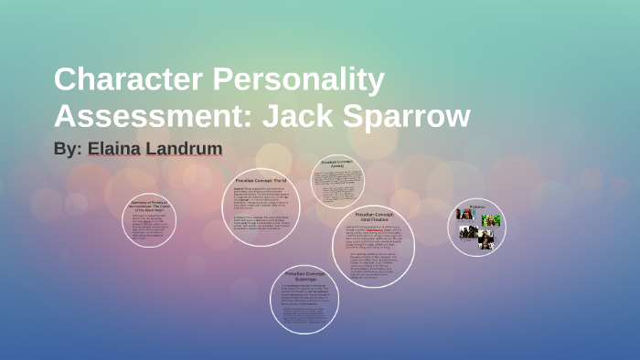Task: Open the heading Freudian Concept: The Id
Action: click(261, 182)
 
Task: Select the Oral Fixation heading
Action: click(373, 217)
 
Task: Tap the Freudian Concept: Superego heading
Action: click(304, 275)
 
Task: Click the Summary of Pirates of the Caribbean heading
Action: click(149, 206)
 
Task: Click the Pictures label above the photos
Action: click(476, 206)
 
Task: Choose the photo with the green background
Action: click(492, 220)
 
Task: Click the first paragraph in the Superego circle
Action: click(304, 294)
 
